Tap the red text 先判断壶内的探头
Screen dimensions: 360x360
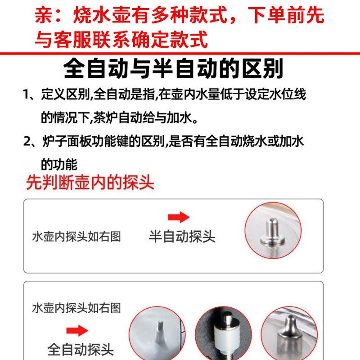click(x=90, y=182)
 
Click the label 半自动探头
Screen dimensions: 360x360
click(x=182, y=236)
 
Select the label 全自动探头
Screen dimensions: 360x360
click(x=81, y=349)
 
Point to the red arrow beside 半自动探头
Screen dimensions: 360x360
click(x=179, y=218)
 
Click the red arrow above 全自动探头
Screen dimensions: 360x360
click(x=77, y=331)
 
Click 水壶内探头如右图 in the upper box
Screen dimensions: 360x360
click(x=76, y=237)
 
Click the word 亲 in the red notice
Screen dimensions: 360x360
click(x=44, y=17)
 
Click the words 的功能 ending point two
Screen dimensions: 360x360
click(x=59, y=164)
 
